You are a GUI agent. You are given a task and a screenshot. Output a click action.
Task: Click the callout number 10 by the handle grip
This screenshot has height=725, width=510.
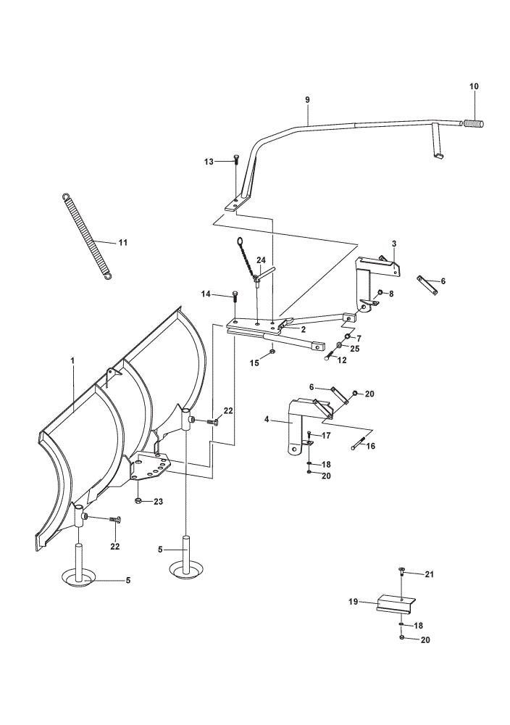click(474, 86)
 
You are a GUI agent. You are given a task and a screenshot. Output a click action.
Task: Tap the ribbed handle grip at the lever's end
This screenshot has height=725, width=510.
click(473, 123)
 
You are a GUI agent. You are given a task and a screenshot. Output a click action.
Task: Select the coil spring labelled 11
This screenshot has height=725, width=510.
click(86, 237)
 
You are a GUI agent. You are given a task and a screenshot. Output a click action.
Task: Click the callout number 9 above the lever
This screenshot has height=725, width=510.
click(308, 100)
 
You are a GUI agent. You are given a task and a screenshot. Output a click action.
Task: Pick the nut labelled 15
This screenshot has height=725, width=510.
click(272, 352)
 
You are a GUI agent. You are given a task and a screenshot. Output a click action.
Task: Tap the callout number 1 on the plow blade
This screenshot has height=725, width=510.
click(72, 360)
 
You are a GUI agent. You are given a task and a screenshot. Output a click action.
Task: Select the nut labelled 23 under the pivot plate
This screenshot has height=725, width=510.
click(138, 500)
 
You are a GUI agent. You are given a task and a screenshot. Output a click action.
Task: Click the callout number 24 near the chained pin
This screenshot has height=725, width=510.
click(261, 260)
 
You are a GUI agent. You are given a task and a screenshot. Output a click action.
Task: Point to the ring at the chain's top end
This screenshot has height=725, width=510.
click(240, 241)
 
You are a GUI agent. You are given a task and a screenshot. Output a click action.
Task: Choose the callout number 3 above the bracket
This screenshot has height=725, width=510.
click(393, 243)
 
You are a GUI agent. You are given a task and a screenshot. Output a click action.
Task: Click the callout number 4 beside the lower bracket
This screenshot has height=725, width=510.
click(266, 420)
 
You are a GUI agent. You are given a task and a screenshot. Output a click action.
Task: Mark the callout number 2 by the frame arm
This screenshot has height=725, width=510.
click(303, 330)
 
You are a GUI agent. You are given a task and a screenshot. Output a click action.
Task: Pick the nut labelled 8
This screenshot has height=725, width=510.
click(380, 292)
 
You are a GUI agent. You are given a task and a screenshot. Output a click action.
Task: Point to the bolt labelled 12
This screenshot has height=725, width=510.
click(329, 355)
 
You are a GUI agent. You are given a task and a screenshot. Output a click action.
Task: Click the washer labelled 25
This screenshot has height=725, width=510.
click(339, 345)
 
